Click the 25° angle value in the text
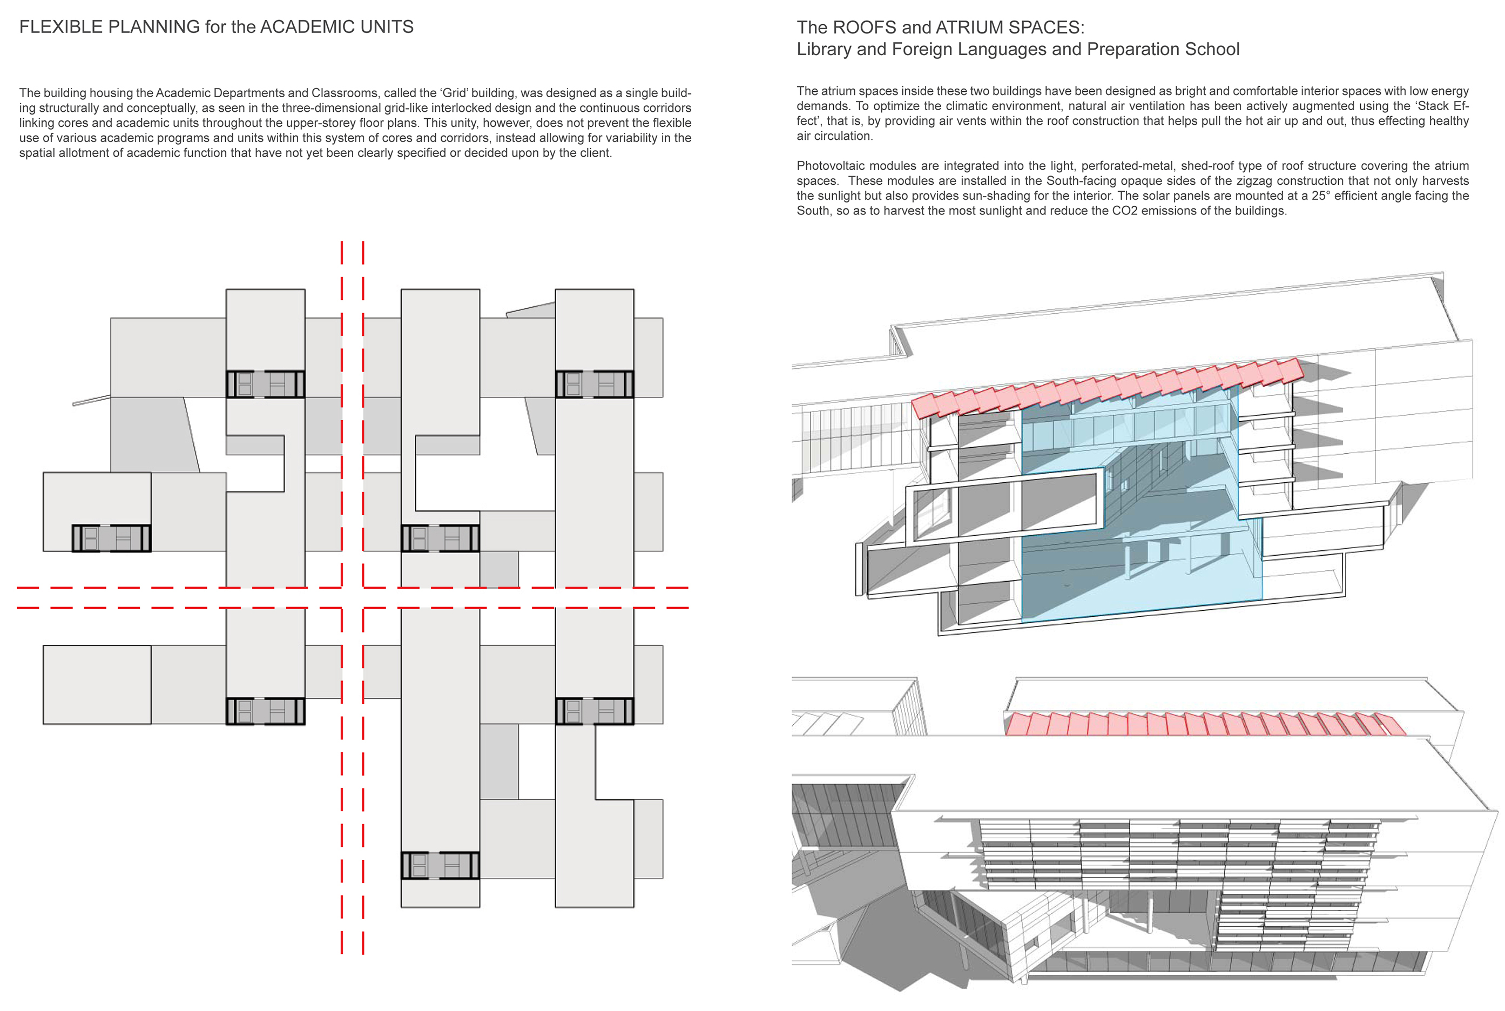[1319, 196]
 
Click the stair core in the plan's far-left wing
[111, 538]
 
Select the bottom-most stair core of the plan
[440, 865]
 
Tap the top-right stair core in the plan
[594, 383]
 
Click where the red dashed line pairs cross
[353, 598]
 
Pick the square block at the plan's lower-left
[97, 685]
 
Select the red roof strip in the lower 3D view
[1205, 724]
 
